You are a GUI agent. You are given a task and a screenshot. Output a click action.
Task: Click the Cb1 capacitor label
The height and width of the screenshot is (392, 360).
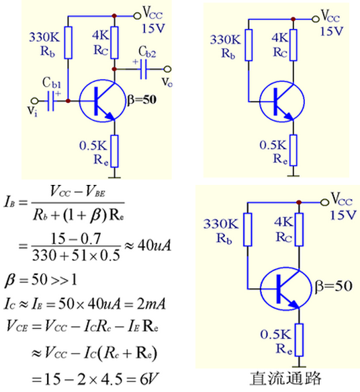point(52,83)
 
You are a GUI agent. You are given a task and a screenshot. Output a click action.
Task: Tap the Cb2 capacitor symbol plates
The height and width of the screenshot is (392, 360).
point(143,69)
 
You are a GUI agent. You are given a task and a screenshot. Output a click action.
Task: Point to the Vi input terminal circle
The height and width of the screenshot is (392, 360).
point(35,101)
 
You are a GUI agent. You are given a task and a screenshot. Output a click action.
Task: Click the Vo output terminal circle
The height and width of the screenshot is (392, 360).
point(167,69)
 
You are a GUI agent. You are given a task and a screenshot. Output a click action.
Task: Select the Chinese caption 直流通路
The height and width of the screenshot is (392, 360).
point(285,379)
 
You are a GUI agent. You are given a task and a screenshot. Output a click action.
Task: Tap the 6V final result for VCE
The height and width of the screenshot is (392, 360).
point(149,379)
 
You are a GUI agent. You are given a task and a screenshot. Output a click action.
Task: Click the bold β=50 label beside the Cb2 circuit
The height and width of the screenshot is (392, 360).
point(142,100)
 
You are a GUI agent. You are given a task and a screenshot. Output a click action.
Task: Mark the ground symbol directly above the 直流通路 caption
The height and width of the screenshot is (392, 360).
point(299,366)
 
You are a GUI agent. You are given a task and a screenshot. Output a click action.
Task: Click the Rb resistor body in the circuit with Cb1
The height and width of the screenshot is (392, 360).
point(68,43)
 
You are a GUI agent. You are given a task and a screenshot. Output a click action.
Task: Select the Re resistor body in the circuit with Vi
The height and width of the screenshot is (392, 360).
point(115,151)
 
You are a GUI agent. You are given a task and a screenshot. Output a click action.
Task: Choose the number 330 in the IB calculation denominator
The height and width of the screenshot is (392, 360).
point(41,256)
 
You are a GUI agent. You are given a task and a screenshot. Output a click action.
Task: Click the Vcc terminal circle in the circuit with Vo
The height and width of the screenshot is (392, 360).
point(137,15)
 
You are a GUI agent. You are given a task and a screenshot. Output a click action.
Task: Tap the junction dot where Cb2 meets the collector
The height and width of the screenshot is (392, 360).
point(114,69)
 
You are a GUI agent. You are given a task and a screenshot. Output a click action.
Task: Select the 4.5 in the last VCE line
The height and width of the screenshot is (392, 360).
point(112,379)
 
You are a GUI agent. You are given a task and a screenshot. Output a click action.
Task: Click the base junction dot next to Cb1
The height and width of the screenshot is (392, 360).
point(68,101)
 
